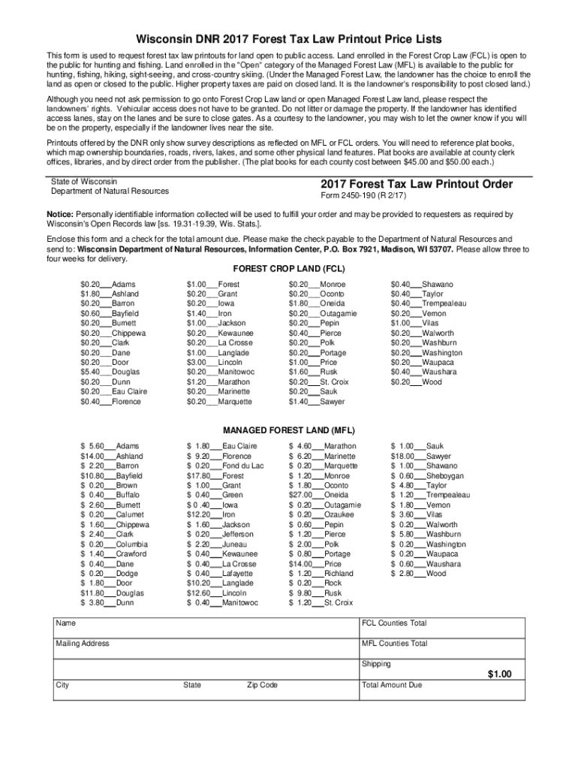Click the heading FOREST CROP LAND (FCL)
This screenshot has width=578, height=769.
[x=289, y=269]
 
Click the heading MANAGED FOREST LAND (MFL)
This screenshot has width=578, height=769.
[x=289, y=430]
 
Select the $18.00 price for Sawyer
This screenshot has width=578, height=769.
[x=402, y=456]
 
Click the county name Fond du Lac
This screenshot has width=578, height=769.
[x=243, y=466]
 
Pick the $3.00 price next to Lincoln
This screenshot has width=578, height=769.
[x=197, y=362]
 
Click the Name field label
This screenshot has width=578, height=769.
[x=66, y=623]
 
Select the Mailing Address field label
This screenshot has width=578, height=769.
[x=82, y=644]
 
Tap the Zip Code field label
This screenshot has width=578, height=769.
[x=262, y=685]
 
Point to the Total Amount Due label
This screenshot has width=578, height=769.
[x=392, y=685]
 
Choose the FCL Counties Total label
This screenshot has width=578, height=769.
[x=394, y=623]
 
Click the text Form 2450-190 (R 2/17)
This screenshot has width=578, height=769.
[x=363, y=198]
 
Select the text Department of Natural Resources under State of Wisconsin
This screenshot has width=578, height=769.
[x=110, y=191]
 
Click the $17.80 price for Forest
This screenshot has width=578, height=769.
[x=198, y=475]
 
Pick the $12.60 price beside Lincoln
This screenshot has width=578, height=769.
[x=198, y=593]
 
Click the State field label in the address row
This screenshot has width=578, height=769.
[x=192, y=685]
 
